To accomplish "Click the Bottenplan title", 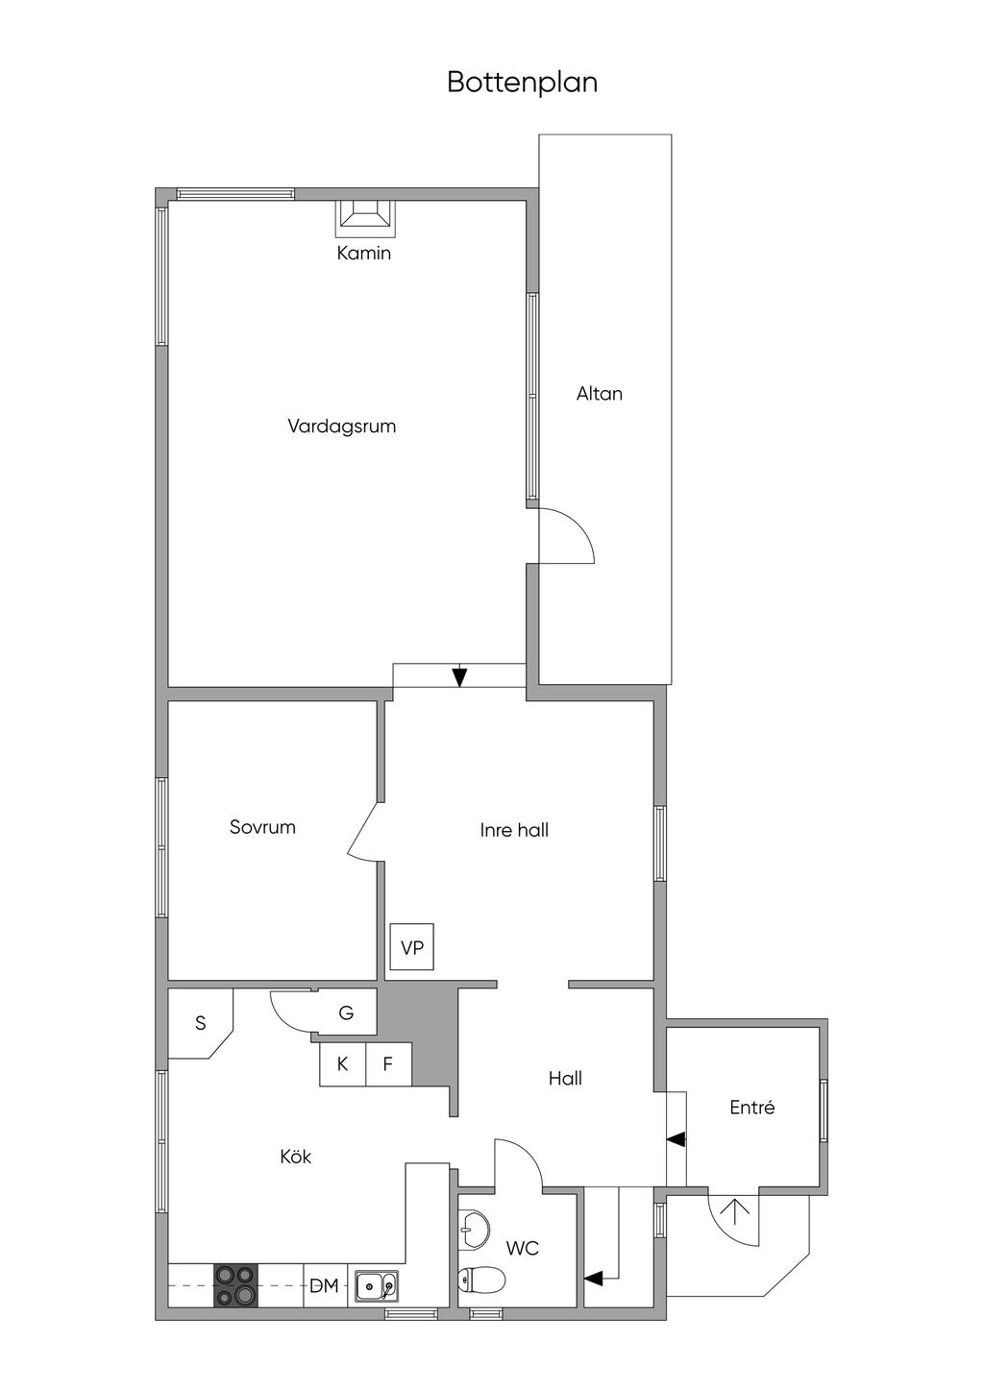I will [522, 83].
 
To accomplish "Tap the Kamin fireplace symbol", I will [364, 217].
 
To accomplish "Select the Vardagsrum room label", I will [341, 426].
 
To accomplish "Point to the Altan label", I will [600, 393].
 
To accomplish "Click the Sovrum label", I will [262, 826].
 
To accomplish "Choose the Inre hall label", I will [514, 830].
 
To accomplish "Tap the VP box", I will [412, 947].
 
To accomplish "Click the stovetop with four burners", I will [235, 1285].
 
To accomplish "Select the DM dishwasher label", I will [324, 1285].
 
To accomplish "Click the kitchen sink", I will [376, 1284].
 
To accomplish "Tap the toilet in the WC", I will [481, 1281].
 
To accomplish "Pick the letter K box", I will [342, 1063].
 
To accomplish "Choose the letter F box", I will [388, 1063].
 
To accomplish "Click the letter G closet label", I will [346, 1013].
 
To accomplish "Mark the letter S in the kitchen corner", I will [201, 1023].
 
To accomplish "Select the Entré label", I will [751, 1107].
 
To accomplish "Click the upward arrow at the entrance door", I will [735, 1209].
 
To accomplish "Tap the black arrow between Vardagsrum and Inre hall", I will [460, 676].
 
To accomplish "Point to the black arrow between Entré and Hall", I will [676, 1139].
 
